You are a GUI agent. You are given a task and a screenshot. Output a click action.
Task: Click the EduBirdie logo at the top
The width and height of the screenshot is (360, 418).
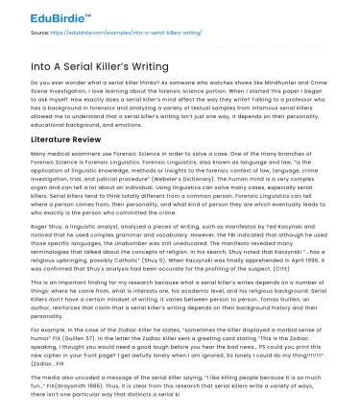[x=38, y=14]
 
